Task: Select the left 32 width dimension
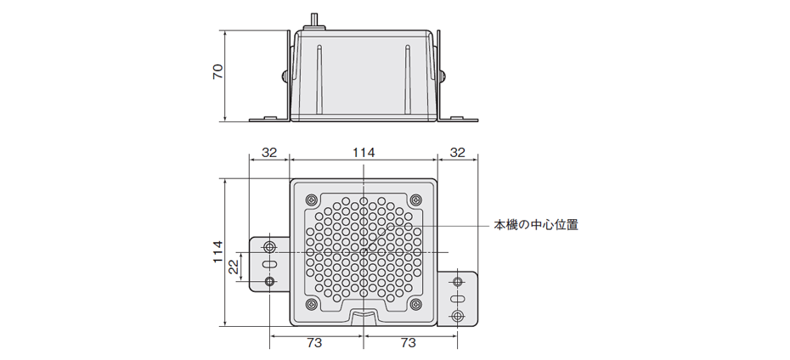point(268,152)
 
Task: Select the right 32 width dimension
point(458,152)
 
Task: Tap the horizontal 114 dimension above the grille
point(364,152)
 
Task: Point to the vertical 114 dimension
point(217,251)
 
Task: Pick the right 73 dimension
point(409,343)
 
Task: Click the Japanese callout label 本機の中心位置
point(537,226)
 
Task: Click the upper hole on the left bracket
point(270,247)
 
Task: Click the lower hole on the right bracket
point(458,316)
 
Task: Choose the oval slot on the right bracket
point(458,299)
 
